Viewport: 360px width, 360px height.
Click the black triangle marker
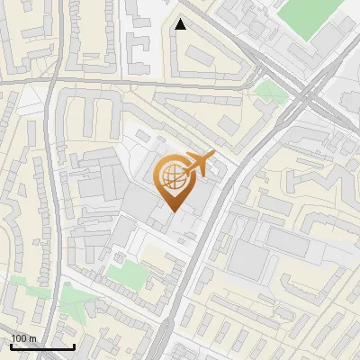click(180, 24)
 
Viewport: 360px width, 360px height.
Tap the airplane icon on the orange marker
click(200, 165)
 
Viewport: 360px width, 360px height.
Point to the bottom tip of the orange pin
click(173, 211)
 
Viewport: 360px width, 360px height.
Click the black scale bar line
click(42, 346)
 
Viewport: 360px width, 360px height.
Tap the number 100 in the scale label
click(20, 338)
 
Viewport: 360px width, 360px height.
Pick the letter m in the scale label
click(32, 338)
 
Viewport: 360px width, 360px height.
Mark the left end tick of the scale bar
click(11, 345)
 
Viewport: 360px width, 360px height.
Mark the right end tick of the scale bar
click(74, 345)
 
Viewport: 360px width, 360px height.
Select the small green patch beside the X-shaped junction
click(267, 90)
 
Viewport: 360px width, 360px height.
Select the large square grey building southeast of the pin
click(248, 256)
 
